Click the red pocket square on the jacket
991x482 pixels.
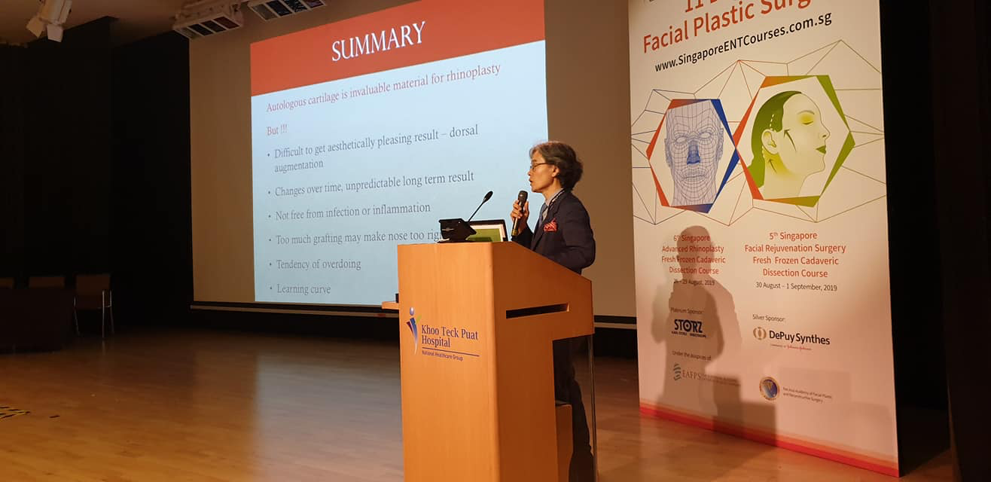(x=550, y=225)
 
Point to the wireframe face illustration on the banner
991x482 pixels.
(x=693, y=154)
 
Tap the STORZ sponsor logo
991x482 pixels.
(x=688, y=327)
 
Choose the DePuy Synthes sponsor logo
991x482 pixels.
(x=792, y=337)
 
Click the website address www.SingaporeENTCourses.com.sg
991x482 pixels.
(x=742, y=41)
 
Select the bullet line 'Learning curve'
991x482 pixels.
(x=303, y=288)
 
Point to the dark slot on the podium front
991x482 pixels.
(x=537, y=310)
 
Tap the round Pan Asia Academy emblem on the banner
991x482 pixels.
(x=769, y=389)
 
